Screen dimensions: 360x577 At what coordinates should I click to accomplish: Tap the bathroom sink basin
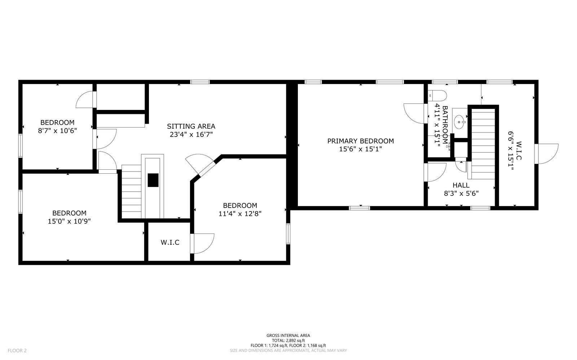point(460,121)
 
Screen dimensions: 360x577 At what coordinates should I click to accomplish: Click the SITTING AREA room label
point(191,126)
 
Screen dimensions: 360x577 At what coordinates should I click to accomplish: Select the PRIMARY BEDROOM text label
point(360,141)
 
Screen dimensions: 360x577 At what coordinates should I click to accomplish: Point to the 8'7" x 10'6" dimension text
point(57,130)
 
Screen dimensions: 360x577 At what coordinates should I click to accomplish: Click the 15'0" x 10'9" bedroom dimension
point(69,221)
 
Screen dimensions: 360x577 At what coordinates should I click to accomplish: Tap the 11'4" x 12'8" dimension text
point(240,213)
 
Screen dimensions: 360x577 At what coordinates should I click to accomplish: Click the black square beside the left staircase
point(153,180)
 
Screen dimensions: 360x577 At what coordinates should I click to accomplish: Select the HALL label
point(461,185)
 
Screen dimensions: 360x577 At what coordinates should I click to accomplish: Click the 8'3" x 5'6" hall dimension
point(461,193)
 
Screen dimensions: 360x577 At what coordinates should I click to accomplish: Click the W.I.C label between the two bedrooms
point(170,242)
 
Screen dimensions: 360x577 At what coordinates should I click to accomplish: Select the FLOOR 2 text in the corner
point(17,350)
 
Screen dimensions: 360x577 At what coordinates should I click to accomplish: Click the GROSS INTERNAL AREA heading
point(288,335)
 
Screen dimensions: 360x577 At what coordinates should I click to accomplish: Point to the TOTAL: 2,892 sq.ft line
point(288,340)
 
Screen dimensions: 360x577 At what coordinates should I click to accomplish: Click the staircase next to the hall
point(483,144)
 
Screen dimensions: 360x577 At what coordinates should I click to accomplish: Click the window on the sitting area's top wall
point(200,82)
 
